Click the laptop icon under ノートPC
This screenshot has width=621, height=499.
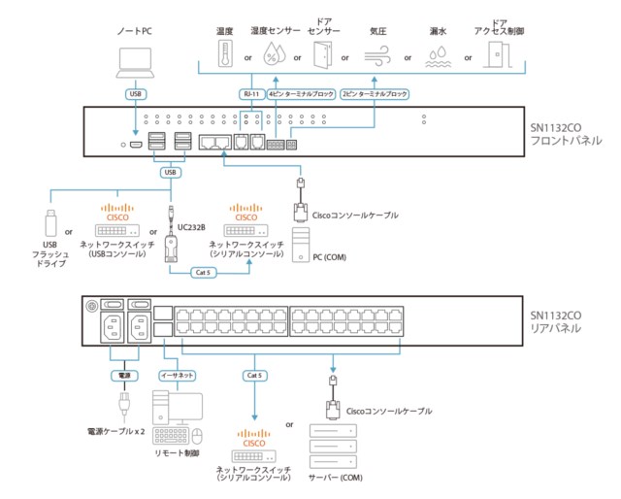[137, 61]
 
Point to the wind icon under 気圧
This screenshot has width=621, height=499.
[377, 57]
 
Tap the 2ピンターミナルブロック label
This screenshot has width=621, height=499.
[375, 94]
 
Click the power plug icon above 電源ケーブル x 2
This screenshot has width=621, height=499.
[124, 403]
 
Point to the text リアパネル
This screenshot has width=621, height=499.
[553, 328]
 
